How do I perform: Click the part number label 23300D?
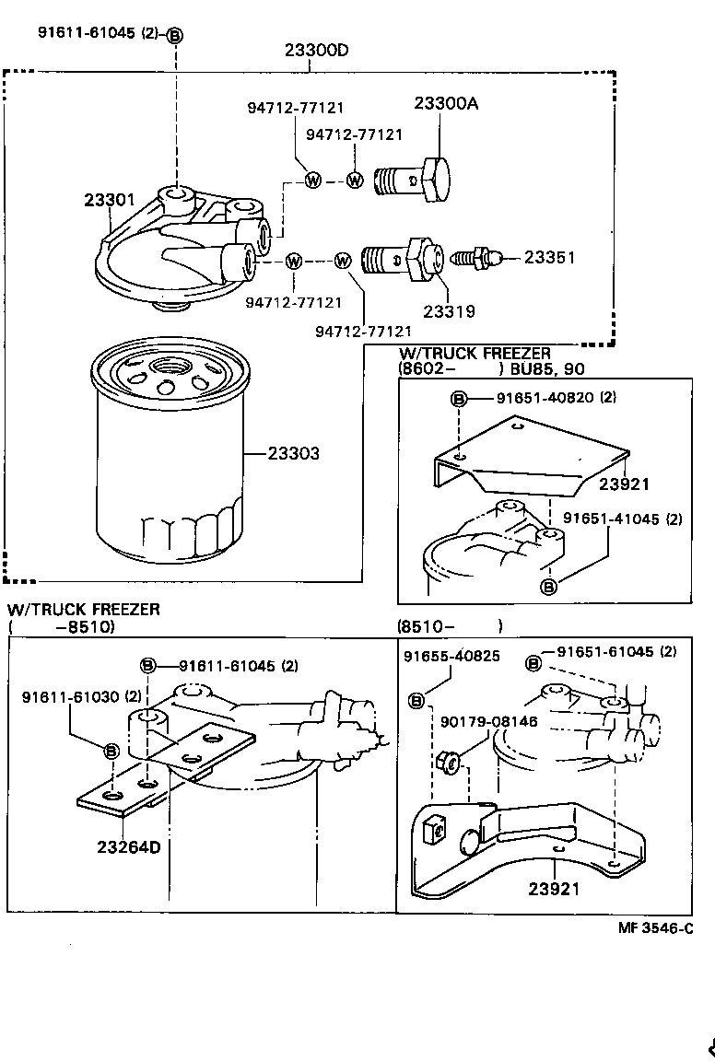pyautogui.click(x=315, y=50)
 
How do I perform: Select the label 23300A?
pyautogui.click(x=446, y=104)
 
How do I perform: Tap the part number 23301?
pyautogui.click(x=111, y=199)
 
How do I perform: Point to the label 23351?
pyautogui.click(x=550, y=258)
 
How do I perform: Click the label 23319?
pyautogui.click(x=450, y=311)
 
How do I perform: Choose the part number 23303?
pyautogui.click(x=294, y=454)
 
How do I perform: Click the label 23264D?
pyautogui.click(x=128, y=846)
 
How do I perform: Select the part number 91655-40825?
pyautogui.click(x=451, y=657)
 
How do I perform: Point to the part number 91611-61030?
pyautogui.click(x=71, y=696)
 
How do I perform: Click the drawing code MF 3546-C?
pyautogui.click(x=655, y=928)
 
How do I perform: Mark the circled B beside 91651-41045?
pyautogui.click(x=548, y=586)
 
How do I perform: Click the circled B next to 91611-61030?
pyautogui.click(x=111, y=751)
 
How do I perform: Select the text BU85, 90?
pyautogui.click(x=548, y=369)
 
